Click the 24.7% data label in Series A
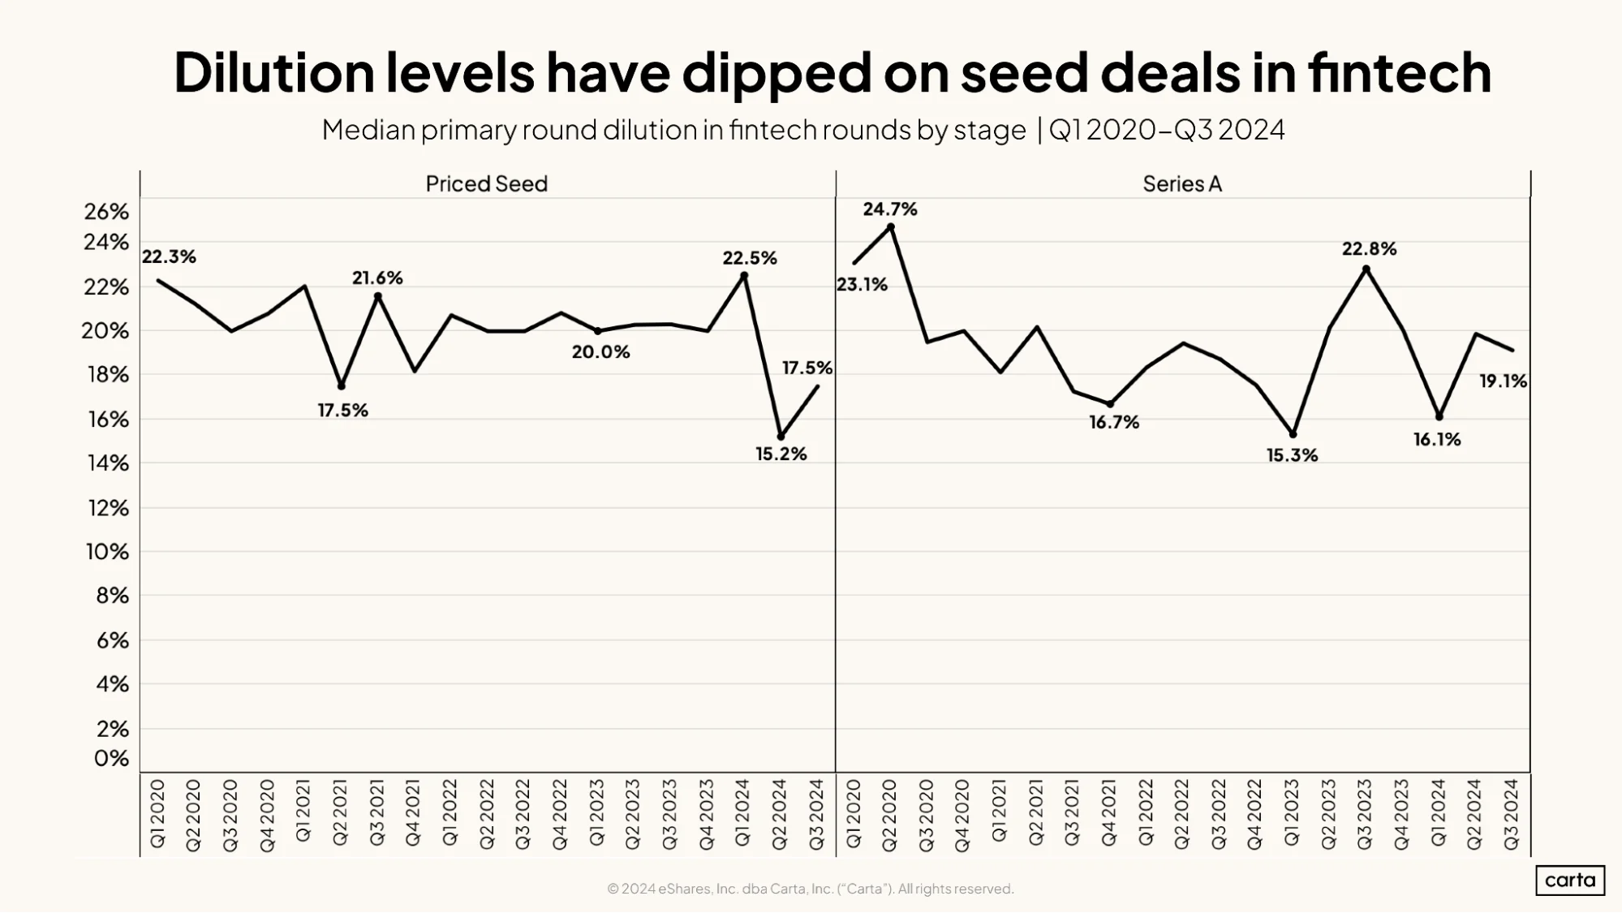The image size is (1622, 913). point(890,209)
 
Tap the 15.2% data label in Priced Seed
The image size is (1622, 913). point(781,454)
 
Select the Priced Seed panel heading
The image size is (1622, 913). point(487,184)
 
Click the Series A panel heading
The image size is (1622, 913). point(1182,184)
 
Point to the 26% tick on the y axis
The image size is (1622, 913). point(107,212)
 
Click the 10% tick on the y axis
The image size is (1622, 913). point(108,552)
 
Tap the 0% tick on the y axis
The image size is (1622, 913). point(112,758)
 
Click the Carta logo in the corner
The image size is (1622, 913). point(1570,881)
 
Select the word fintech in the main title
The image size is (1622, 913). point(1399,72)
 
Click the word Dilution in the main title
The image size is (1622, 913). point(273,72)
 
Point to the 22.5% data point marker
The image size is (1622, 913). point(744,276)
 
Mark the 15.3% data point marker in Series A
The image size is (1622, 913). point(1293,434)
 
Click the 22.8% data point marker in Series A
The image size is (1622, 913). point(1366,269)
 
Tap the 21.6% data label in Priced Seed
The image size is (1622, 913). point(377,278)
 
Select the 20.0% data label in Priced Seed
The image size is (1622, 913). point(601,352)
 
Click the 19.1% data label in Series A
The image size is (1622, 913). point(1504,381)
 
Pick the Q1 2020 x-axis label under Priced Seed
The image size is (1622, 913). point(157,814)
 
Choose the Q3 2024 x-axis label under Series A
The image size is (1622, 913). point(1512,814)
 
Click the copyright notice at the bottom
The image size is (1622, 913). point(811,889)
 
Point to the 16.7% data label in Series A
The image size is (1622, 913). point(1114,422)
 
